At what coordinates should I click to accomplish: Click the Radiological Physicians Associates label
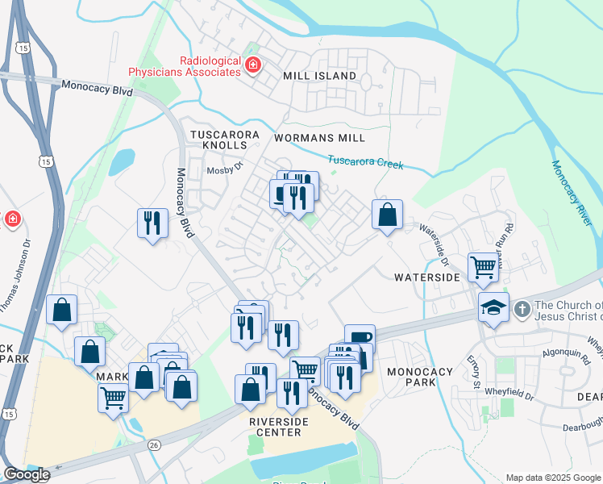tap(210, 66)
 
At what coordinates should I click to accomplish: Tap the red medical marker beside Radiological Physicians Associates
tap(253, 65)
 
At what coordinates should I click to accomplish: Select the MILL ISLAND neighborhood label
tap(319, 76)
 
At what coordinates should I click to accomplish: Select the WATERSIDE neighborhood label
tap(426, 277)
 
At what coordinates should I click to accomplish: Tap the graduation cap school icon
tap(493, 307)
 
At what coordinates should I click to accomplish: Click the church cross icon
tap(522, 308)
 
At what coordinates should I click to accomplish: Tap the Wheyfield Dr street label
tap(509, 391)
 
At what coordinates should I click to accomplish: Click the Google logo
tap(26, 474)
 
